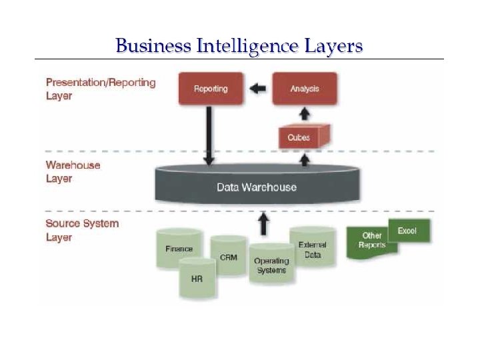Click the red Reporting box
click(x=211, y=89)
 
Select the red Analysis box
click(x=305, y=89)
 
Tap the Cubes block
click(x=300, y=137)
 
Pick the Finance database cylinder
click(x=179, y=249)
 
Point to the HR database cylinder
click(x=197, y=278)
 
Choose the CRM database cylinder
click(x=228, y=257)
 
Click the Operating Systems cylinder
click(x=271, y=265)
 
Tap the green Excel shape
click(x=408, y=231)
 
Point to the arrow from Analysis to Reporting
click(x=257, y=89)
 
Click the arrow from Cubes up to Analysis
click(x=305, y=114)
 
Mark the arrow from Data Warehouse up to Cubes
click(x=305, y=159)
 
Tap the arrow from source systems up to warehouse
click(x=264, y=223)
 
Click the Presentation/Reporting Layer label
click(x=101, y=89)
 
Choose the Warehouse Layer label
click(x=73, y=171)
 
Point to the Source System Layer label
click(x=82, y=230)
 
